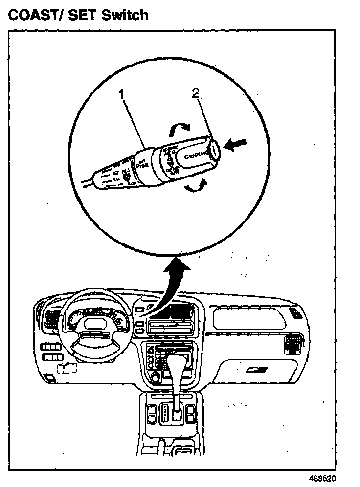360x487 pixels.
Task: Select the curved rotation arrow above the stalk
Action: (179, 129)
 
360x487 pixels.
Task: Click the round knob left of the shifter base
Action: (156, 377)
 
